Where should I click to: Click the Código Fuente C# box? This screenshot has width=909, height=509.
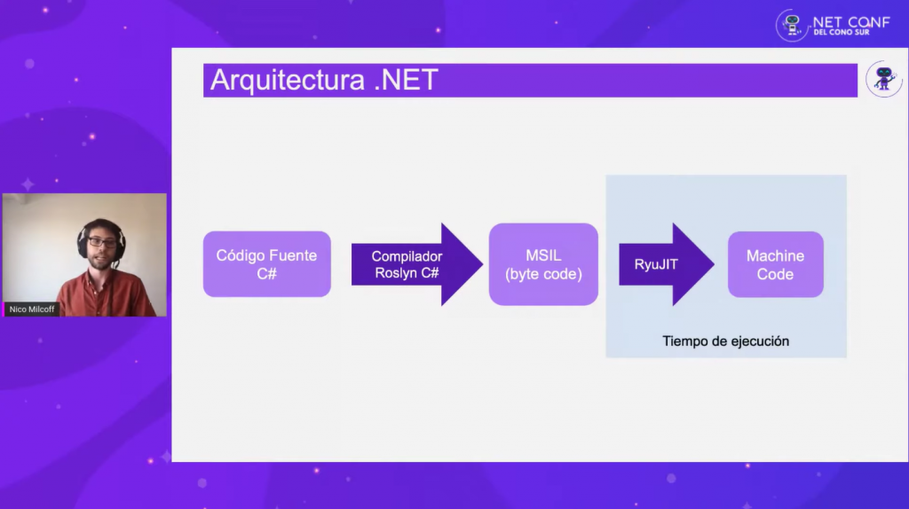tap(266, 264)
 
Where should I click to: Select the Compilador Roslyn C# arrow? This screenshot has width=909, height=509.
tap(417, 264)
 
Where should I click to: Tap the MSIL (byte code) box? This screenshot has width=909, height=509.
tap(543, 264)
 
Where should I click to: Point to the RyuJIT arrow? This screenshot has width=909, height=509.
tap(666, 264)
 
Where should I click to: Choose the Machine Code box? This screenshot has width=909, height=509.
tap(776, 264)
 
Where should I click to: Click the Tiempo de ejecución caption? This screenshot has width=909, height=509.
tap(726, 341)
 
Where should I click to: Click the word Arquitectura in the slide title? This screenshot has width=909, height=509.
tap(288, 81)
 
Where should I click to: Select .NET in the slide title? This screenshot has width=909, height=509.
tap(406, 80)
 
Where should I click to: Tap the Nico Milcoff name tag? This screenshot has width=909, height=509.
tap(31, 309)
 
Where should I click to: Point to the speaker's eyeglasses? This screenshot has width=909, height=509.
tap(102, 242)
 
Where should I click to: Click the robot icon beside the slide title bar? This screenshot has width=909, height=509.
tap(884, 79)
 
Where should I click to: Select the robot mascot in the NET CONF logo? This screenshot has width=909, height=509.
tap(792, 26)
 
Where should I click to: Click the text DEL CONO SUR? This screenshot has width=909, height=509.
tap(842, 33)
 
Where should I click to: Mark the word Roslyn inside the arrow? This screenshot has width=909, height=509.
tap(395, 273)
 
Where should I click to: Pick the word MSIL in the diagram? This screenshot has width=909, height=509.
tap(543, 255)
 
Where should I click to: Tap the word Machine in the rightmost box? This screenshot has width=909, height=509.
tap(775, 256)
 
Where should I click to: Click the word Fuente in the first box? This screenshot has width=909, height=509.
tap(293, 255)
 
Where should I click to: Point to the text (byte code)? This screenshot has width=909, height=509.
tap(543, 274)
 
